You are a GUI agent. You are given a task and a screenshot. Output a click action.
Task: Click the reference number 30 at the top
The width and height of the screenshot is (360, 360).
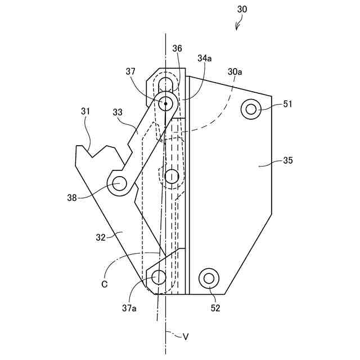point(242,9)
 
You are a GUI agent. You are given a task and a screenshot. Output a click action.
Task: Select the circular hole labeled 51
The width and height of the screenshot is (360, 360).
point(250,109)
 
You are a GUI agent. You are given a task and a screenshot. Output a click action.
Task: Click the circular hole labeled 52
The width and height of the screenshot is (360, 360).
point(210,277)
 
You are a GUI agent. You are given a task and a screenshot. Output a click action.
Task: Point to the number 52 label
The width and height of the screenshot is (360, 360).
point(215,308)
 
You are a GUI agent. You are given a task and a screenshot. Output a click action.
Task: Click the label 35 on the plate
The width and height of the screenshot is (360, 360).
point(287,161)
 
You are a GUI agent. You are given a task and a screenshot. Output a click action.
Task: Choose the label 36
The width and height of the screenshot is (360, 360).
point(177,49)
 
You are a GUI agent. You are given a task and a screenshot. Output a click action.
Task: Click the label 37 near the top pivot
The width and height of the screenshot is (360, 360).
point(130,71)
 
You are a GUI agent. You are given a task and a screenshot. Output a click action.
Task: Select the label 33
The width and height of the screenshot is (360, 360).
point(118,112)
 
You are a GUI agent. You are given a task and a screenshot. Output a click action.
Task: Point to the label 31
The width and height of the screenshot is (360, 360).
point(85,111)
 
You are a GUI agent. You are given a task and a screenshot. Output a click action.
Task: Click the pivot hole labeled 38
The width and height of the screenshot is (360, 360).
point(119,183)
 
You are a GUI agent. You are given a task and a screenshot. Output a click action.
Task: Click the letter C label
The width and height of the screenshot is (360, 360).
point(105,284)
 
